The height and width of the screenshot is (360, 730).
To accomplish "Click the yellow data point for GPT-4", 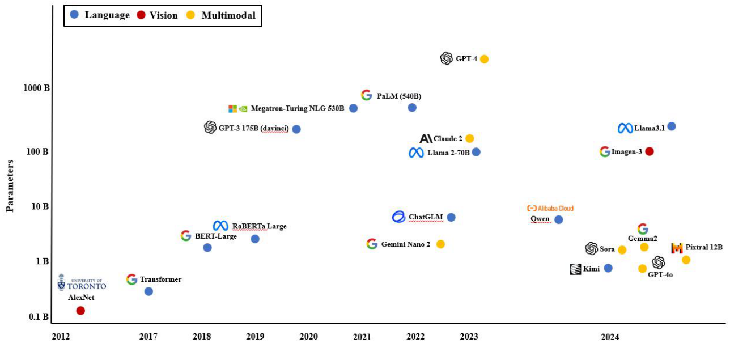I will (484, 59).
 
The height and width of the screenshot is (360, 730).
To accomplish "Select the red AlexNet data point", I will (80, 311).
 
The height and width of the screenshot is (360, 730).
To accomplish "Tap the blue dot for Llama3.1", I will (672, 126).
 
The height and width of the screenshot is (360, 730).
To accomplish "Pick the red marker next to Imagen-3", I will (650, 151).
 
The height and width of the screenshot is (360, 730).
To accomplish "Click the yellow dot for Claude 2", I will (469, 138).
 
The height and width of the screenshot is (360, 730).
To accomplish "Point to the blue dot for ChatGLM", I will (451, 217).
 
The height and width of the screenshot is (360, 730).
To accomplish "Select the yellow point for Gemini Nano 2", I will (440, 244).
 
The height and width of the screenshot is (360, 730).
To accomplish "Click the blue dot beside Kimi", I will (608, 268).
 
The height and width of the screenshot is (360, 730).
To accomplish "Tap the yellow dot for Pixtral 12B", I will (686, 260).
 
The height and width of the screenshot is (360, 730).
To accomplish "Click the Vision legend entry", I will (157, 15).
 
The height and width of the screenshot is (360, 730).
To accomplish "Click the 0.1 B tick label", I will (39, 316).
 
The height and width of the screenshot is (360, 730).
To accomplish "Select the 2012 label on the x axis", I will (61, 337).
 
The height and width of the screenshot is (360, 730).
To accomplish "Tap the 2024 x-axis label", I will (610, 337).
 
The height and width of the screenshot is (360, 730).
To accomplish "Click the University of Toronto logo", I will (82, 282).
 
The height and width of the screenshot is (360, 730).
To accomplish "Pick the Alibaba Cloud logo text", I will (550, 209).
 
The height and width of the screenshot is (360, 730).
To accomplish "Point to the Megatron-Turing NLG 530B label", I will (297, 108).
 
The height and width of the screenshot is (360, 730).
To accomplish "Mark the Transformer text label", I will (161, 279).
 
